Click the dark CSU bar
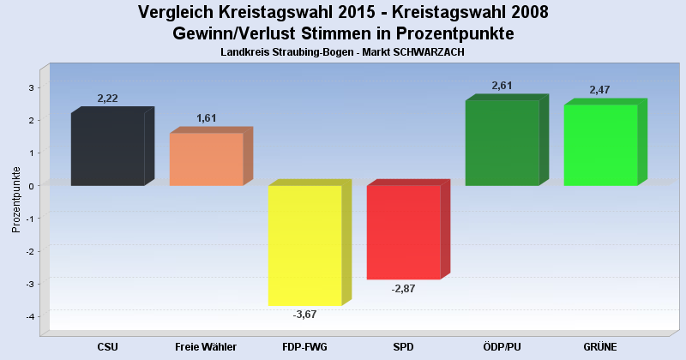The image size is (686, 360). (107, 150)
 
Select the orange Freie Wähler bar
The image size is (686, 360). (206, 159)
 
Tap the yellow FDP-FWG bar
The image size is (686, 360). (304, 245)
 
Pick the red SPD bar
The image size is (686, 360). (403, 232)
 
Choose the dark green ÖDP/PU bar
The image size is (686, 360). (502, 143)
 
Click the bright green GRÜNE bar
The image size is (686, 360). (600, 145)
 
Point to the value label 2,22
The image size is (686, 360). (108, 99)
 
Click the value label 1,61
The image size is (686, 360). (207, 118)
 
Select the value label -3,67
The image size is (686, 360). (304, 315)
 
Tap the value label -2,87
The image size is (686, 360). (403, 289)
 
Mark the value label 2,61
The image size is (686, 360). (502, 86)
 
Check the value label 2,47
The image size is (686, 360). (600, 90)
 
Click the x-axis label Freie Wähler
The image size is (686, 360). (206, 346)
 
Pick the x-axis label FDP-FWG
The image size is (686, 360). (304, 346)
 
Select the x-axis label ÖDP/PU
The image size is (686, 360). (502, 346)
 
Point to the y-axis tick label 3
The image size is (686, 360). (31, 87)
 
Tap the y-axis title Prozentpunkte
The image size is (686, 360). (16, 200)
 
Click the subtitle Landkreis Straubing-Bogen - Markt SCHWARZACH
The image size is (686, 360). (342, 53)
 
